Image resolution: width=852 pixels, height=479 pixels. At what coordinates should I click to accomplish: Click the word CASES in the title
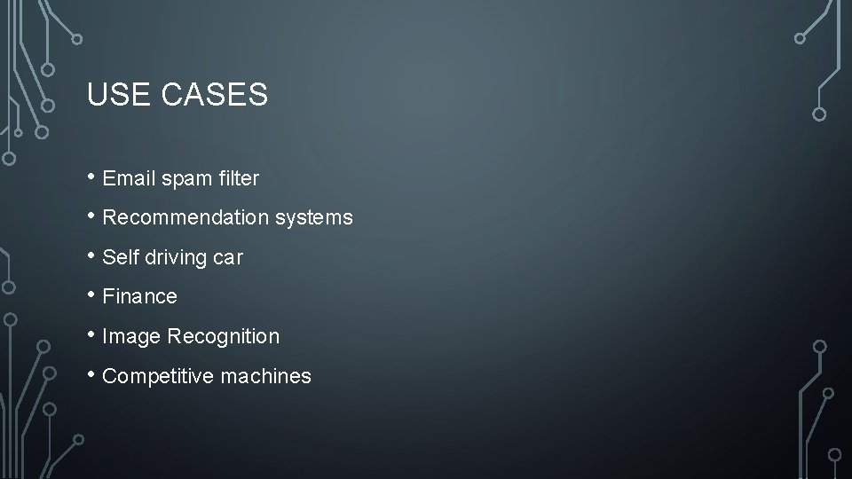click(x=215, y=95)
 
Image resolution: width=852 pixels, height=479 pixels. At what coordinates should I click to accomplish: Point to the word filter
click(x=238, y=178)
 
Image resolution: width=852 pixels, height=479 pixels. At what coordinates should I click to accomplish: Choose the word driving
click(x=173, y=258)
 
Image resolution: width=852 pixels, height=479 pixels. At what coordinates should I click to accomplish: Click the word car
click(x=228, y=258)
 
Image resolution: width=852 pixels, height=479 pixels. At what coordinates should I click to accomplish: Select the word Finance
click(x=140, y=296)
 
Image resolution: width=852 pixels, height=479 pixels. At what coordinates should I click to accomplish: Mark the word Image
click(x=131, y=337)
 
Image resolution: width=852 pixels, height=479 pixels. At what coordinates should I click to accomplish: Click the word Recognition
click(x=223, y=337)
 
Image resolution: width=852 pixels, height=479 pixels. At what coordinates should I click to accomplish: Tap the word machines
click(x=266, y=376)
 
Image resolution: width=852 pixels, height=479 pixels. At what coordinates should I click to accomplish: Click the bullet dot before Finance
click(x=92, y=294)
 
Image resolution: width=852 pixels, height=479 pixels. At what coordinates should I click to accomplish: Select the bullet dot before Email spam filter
click(x=92, y=176)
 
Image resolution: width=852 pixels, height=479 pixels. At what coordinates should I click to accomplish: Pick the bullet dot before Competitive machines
click(x=92, y=373)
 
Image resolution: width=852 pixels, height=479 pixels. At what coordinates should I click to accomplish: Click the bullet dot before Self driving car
click(x=92, y=255)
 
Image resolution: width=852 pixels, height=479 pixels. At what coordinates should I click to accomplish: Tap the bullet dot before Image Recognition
click(x=92, y=334)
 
